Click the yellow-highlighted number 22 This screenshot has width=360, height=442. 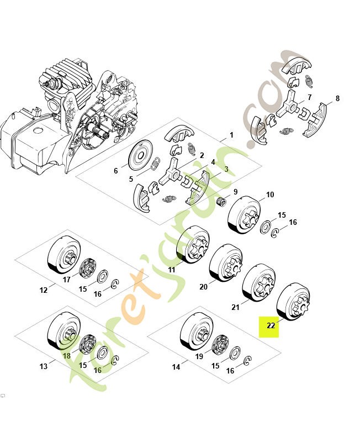(x=271, y=326)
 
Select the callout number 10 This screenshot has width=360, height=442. (x=270, y=195)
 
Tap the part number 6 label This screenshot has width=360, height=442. (x=116, y=171)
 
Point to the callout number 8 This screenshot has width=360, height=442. (x=337, y=99)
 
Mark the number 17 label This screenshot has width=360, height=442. (x=67, y=280)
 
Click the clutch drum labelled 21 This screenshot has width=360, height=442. (x=259, y=282)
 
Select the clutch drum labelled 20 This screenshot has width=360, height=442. (x=226, y=264)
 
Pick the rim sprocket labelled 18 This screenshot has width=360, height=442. (x=87, y=344)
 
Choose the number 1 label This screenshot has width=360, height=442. (x=231, y=135)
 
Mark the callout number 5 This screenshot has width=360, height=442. (x=131, y=179)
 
